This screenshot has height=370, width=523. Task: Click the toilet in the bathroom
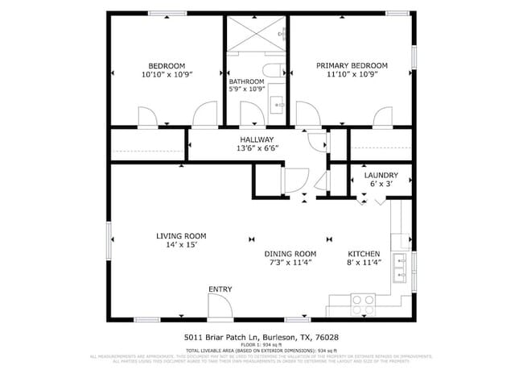[272, 71]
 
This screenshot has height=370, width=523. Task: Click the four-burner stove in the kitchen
[363, 304]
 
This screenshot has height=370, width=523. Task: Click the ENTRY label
[220, 289]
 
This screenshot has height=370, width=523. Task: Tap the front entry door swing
[220, 306]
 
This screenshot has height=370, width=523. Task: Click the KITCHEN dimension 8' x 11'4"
[364, 262]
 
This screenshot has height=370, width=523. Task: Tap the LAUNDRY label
[381, 175]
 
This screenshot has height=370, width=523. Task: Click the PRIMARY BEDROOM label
[352, 65]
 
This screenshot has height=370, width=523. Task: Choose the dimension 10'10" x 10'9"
[167, 74]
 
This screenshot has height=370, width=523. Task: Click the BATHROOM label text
[246, 81]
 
